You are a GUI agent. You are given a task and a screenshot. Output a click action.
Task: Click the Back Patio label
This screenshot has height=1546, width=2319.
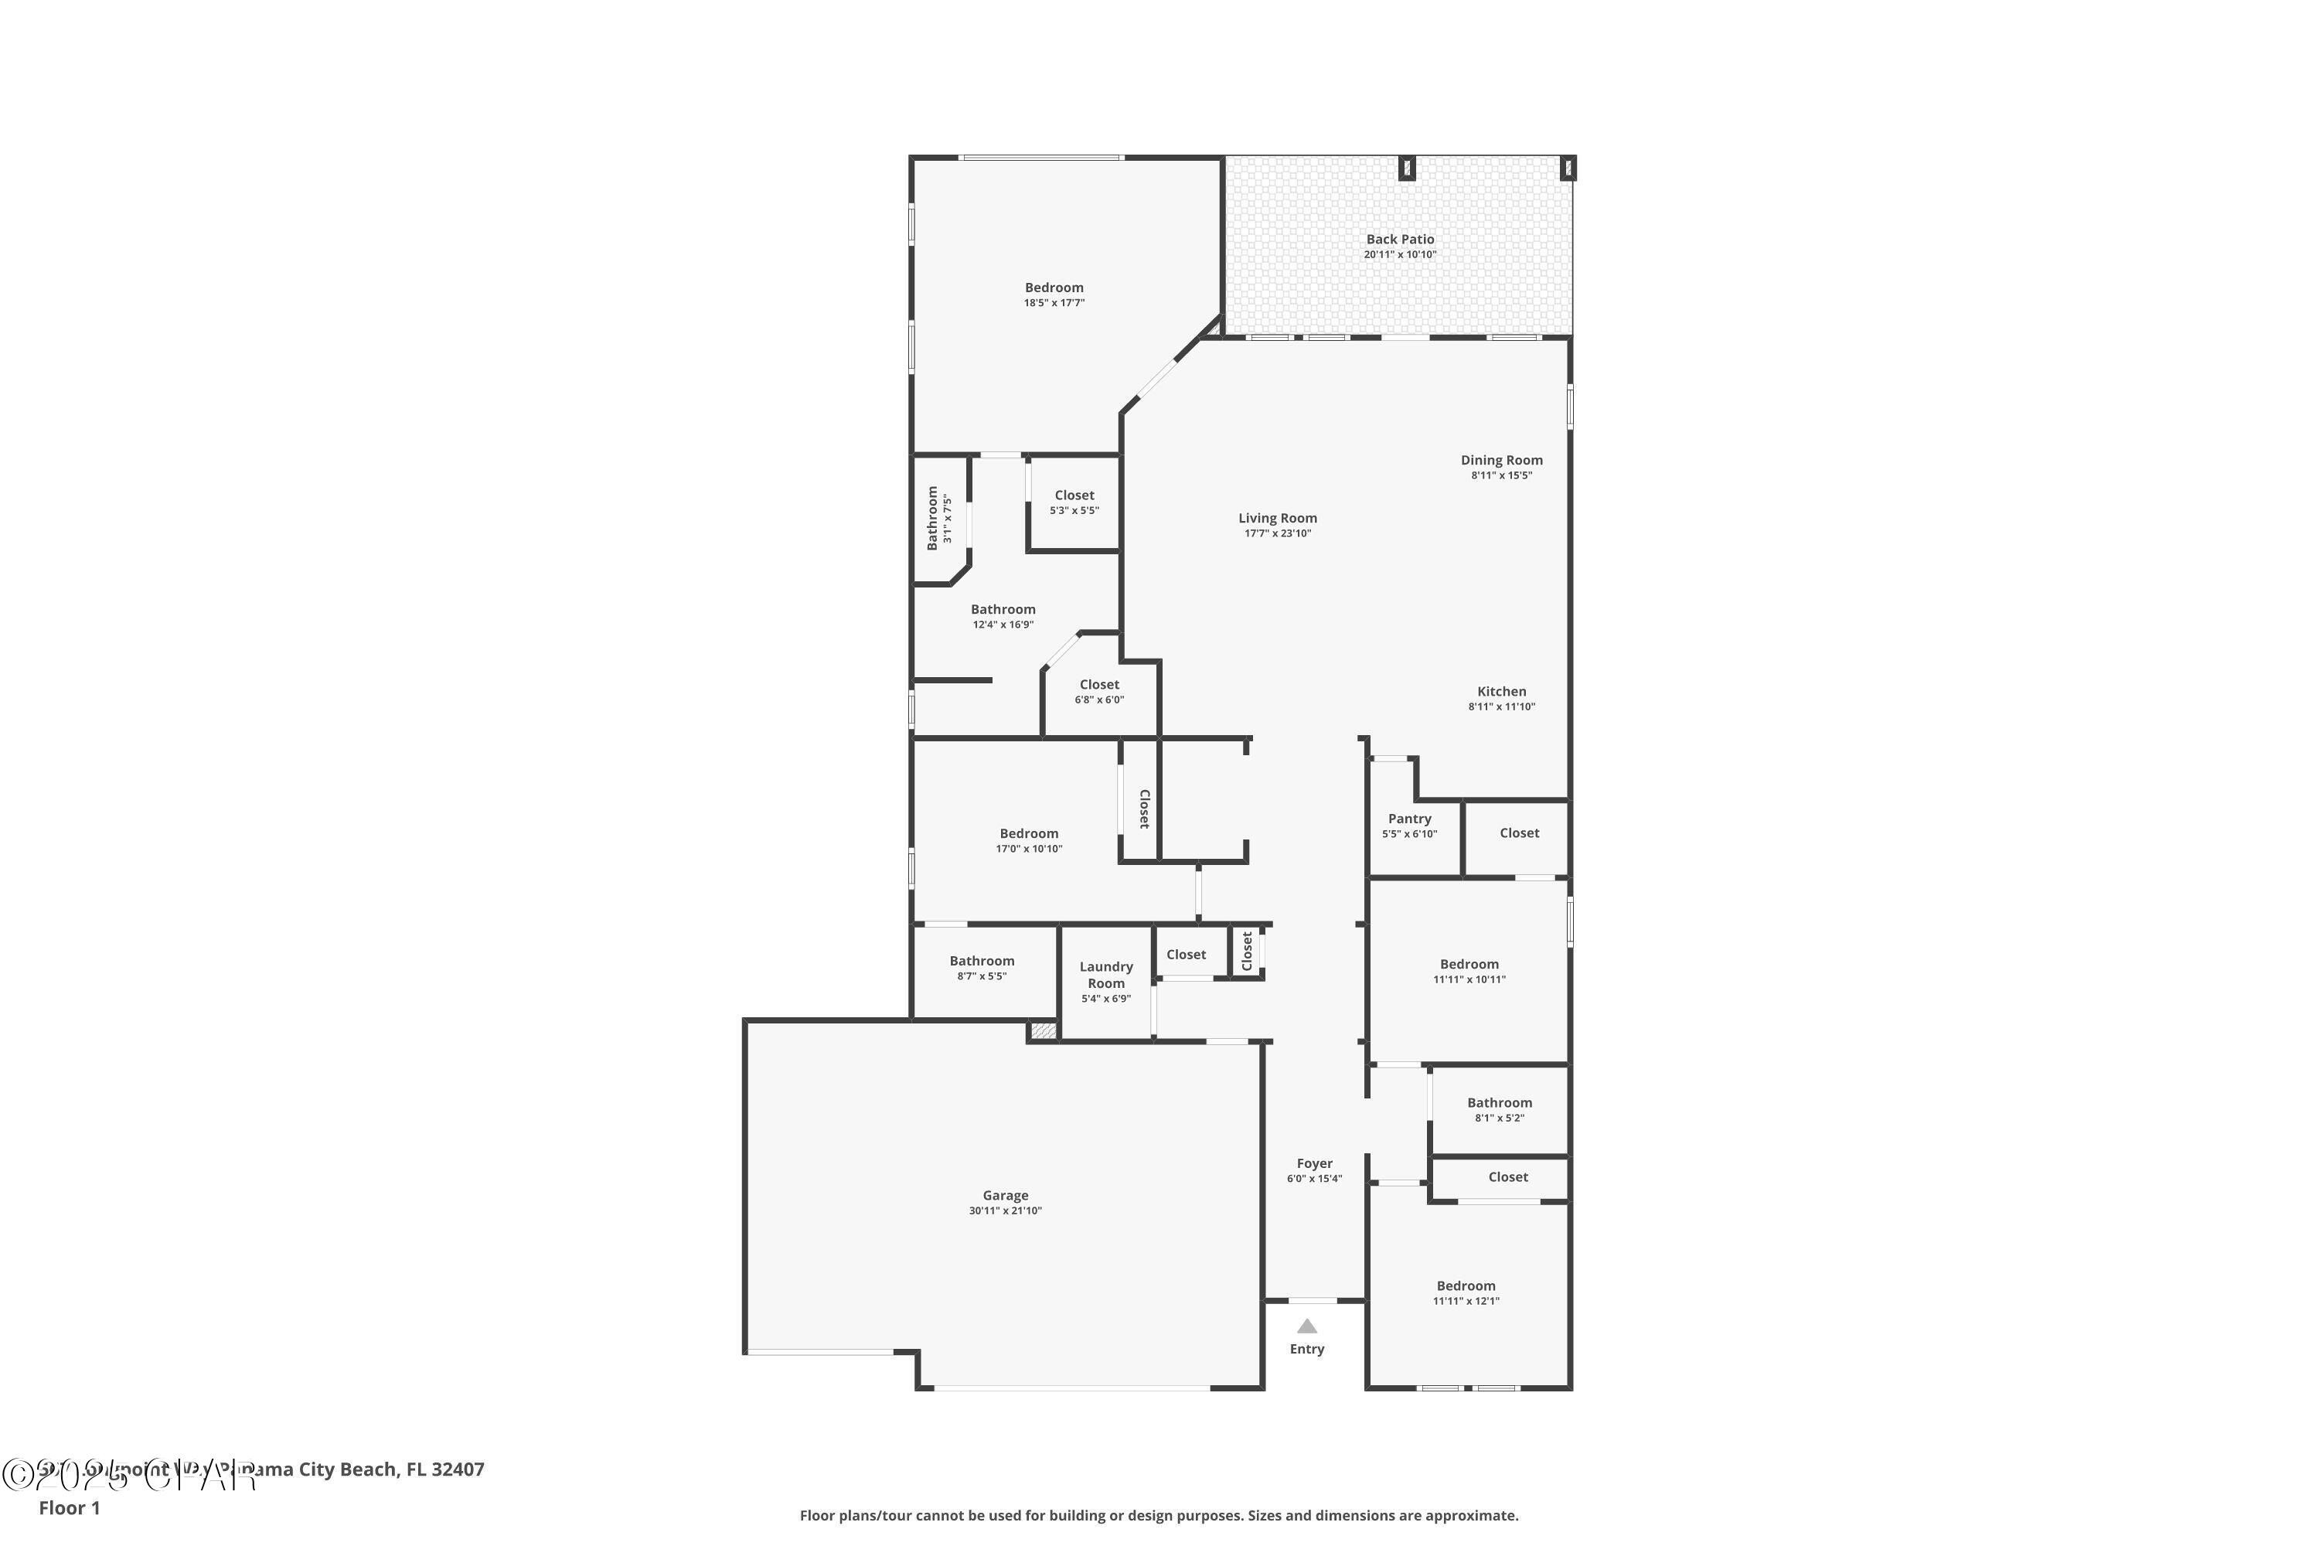1399,240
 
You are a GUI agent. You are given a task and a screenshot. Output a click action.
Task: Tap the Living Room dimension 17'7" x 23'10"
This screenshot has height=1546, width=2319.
1277,533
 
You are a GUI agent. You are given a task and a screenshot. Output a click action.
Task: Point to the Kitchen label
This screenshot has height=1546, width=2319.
1500,691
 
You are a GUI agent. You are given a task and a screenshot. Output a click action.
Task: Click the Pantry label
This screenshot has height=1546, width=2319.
1409,819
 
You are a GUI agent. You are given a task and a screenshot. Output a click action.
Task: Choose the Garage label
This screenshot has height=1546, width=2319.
1005,1195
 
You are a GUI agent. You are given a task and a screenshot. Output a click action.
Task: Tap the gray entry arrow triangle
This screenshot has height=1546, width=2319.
1306,1326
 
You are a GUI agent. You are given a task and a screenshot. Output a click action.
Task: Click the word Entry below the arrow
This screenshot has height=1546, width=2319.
1306,1349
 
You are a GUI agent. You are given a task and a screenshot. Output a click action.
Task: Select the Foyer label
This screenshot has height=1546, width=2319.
1314,1163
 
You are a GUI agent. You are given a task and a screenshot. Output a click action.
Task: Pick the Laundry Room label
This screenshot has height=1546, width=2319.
1105,975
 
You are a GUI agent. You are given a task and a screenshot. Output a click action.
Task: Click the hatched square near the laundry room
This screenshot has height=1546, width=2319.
1042,1031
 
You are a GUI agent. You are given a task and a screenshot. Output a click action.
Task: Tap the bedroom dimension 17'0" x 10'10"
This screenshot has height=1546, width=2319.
1028,849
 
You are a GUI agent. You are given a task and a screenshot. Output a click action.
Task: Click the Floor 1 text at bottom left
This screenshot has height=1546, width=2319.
69,1507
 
